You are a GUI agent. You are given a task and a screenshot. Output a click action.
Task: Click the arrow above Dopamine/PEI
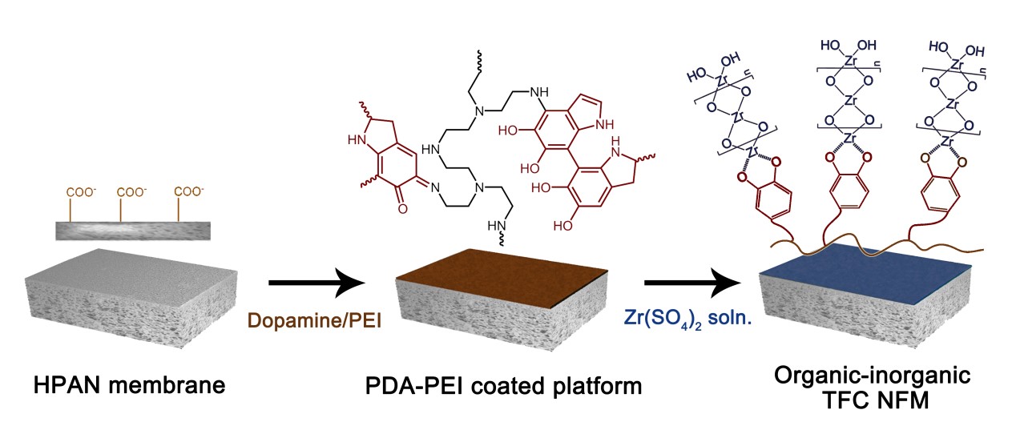316,283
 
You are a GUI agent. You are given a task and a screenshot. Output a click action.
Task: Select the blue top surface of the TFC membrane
873,271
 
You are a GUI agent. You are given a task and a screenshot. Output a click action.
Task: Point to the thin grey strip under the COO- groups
132,230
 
